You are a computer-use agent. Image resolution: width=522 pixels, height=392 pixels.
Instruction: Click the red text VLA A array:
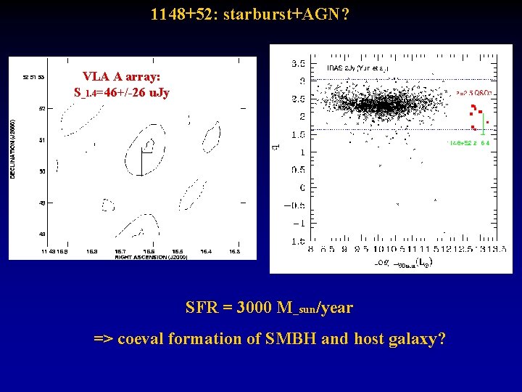121,76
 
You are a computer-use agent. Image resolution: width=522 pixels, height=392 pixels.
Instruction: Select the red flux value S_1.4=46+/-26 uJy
121,92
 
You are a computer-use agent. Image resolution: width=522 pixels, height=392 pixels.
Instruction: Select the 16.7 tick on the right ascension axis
121,251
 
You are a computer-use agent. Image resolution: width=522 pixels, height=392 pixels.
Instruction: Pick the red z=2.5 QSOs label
474,93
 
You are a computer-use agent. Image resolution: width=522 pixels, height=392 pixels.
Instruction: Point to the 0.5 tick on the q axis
297,170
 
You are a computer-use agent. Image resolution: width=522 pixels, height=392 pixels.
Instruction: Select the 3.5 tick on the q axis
297,62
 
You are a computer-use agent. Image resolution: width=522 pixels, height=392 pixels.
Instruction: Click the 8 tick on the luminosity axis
311,249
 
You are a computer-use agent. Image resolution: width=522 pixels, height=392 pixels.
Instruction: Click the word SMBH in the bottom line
295,338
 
